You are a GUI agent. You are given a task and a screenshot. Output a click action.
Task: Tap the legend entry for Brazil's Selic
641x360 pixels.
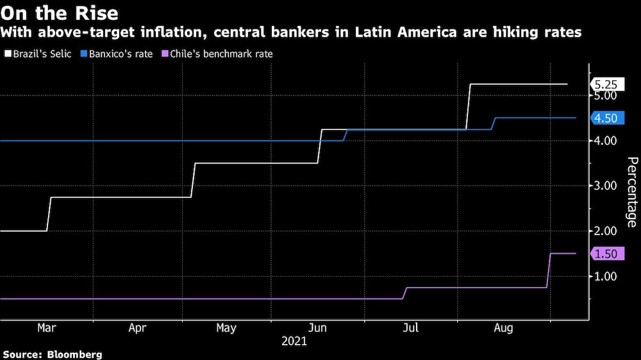[38, 54]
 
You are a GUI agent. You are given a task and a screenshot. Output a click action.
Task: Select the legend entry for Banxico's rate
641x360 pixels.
[117, 54]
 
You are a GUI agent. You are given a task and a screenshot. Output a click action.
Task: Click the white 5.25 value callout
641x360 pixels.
[606, 84]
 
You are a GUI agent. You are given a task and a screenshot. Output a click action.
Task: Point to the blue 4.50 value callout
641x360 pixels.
[606, 118]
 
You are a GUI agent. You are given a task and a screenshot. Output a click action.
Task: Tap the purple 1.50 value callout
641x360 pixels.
[606, 254]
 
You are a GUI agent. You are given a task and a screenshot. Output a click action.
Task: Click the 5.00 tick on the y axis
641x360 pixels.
[606, 95]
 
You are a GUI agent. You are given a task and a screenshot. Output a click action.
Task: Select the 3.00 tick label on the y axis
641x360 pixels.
[606, 186]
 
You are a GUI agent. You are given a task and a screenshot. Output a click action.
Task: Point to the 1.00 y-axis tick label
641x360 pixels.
[606, 276]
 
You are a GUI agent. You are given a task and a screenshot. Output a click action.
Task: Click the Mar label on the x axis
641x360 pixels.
[46, 328]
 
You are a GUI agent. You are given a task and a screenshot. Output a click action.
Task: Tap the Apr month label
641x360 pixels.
[137, 328]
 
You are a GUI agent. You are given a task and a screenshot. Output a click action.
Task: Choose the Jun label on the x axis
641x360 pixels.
[318, 328]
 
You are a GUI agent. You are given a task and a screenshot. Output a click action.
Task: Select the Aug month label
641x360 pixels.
[503, 328]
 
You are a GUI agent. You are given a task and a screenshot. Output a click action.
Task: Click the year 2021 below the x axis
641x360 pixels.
[294, 342]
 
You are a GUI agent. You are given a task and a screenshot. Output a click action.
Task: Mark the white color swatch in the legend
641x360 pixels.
[7, 54]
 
